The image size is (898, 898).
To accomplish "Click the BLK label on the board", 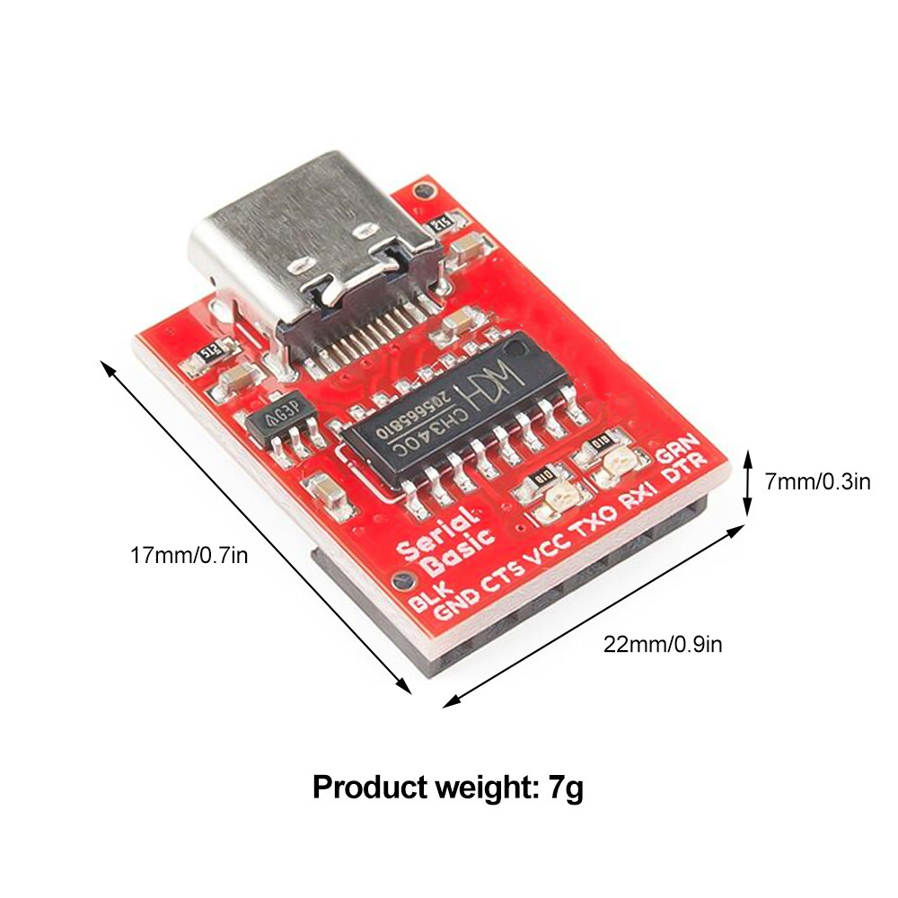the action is [x=429, y=596].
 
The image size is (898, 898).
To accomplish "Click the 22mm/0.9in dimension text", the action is [x=662, y=644].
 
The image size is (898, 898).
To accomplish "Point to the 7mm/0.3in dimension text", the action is [x=817, y=482].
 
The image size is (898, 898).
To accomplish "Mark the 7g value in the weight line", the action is [x=566, y=788].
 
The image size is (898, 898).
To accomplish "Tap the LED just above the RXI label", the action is [x=617, y=462].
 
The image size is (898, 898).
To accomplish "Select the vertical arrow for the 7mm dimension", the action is [x=747, y=485].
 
